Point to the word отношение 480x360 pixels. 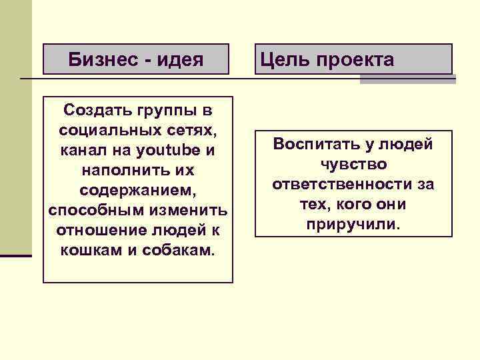pyautogui.click(x=95, y=231)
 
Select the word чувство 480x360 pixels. pyautogui.click(x=353, y=164)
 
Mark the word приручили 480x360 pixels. pyautogui.click(x=353, y=224)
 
